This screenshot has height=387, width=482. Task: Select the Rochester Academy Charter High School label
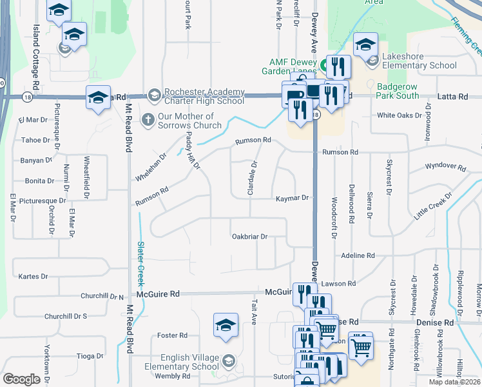(x=204, y=96)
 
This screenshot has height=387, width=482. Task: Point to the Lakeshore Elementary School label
(x=419, y=61)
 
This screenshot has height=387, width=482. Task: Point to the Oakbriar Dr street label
(x=249, y=237)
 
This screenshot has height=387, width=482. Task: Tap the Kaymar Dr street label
(x=293, y=199)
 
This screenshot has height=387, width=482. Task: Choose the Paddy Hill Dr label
(x=193, y=151)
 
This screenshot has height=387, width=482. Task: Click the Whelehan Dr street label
(x=151, y=167)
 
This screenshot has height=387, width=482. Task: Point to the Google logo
(x=21, y=379)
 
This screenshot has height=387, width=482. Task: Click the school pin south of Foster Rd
(x=226, y=325)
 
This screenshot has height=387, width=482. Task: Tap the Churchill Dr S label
(x=66, y=316)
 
